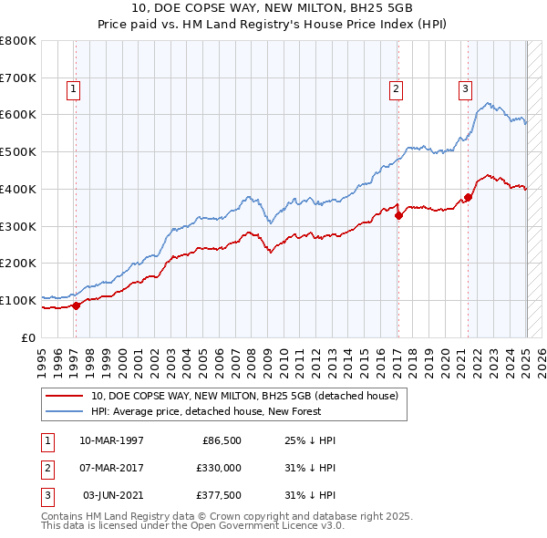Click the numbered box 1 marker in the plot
pos(73,89)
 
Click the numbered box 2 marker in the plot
pos(397,89)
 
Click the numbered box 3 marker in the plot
pos(465,89)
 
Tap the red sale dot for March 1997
pos(77,305)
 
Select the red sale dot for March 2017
pos(398,215)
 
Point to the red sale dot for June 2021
pos(468,197)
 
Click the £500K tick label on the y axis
pos(18,152)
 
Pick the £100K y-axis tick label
pos(18,300)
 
